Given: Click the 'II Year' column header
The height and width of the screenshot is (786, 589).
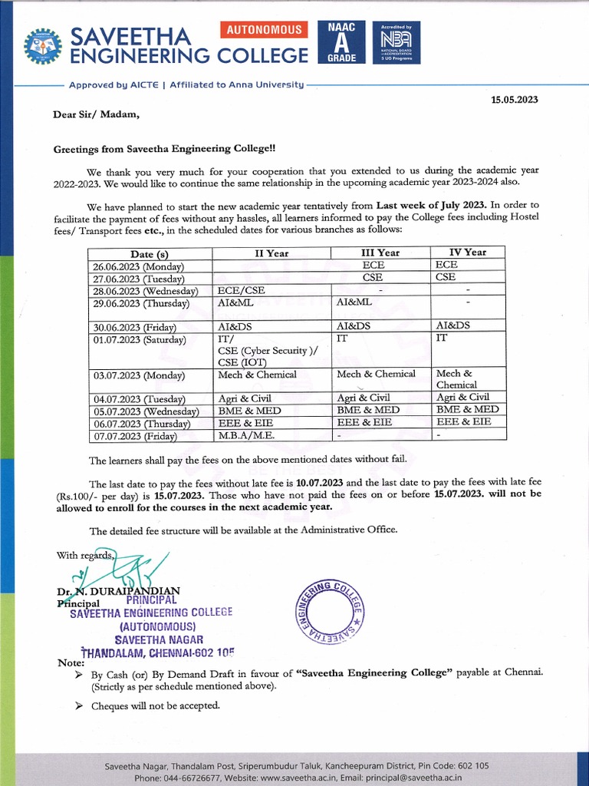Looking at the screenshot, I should pyautogui.click(x=271, y=253).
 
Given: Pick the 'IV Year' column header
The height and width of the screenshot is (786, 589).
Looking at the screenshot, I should pyautogui.click(x=468, y=252).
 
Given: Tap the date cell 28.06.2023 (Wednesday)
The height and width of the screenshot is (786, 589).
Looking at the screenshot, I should pyautogui.click(x=150, y=291).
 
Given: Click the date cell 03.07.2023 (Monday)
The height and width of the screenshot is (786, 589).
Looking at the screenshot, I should pyautogui.click(x=140, y=375).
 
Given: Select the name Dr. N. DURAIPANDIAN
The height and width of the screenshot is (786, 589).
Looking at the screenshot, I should pyautogui.click(x=117, y=591).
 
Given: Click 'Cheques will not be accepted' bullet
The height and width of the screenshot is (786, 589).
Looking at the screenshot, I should pyautogui.click(x=155, y=705).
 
